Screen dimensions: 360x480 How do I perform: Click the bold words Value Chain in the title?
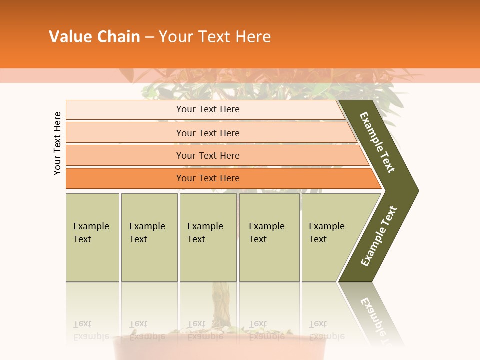(x=94, y=37)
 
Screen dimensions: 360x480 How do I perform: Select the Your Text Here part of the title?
(x=215, y=37)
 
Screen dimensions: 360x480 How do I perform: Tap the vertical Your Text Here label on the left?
(x=57, y=143)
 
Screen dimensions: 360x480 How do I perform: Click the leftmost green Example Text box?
(x=92, y=237)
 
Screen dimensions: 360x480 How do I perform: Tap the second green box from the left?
(x=149, y=237)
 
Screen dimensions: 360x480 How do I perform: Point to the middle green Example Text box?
(x=208, y=237)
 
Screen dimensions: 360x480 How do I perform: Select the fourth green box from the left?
(x=269, y=237)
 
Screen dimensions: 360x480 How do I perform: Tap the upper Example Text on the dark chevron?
(x=377, y=142)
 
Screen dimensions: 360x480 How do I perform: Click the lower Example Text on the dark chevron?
(x=379, y=236)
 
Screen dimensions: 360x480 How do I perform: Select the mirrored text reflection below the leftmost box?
(x=91, y=330)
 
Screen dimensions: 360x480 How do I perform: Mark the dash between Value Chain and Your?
(x=149, y=37)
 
